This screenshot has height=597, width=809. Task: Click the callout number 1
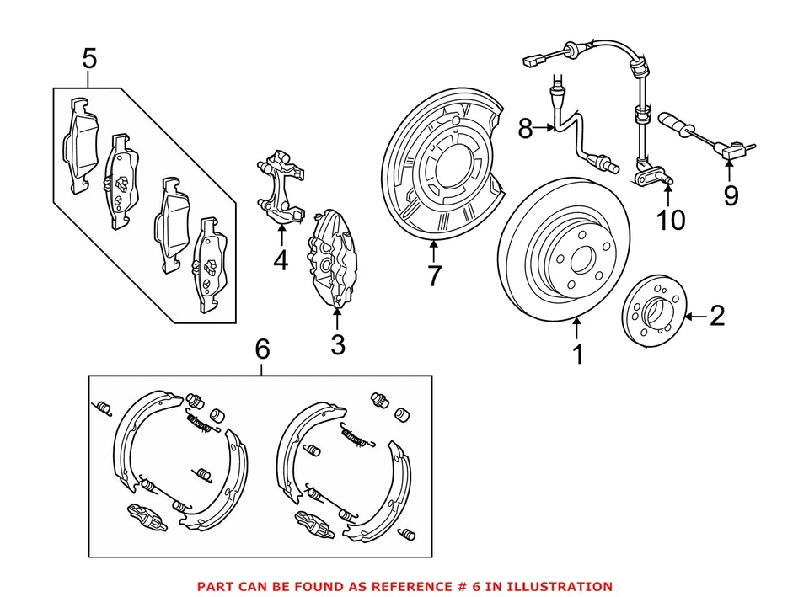coord(578,354)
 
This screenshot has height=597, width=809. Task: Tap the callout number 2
coord(716,317)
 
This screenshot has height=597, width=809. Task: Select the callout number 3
coord(337,344)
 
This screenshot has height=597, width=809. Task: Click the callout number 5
coord(89,59)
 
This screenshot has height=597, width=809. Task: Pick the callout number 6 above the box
coord(262,348)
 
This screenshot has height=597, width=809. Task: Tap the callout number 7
coord(433,275)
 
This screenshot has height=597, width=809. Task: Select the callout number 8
coord(525,129)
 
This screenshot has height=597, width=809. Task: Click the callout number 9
coord(731,195)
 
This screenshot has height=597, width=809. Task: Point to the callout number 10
coord(672,220)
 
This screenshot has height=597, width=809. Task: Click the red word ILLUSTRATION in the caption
coord(556,586)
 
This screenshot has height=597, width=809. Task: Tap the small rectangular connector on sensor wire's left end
coord(530,61)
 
